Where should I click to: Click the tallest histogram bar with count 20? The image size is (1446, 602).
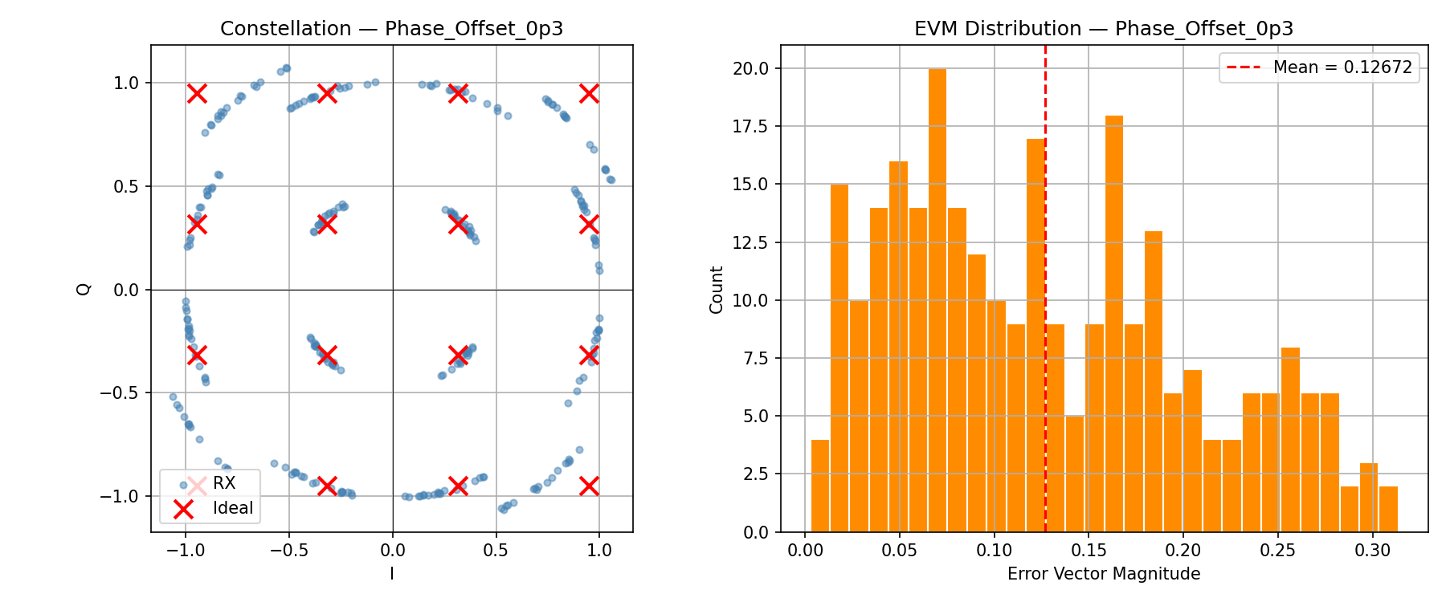[x=937, y=301]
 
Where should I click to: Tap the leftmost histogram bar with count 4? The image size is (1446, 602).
[x=819, y=486]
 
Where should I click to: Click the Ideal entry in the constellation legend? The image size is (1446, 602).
[x=232, y=508]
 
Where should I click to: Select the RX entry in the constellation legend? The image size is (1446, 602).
[x=224, y=483]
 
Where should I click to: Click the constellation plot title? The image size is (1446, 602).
[x=391, y=29]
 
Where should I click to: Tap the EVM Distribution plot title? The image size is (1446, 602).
[x=1103, y=29]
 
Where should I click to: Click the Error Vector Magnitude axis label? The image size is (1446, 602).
[x=1103, y=574]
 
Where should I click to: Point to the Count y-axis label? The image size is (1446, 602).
[x=717, y=289]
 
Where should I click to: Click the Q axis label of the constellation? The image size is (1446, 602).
[x=84, y=289]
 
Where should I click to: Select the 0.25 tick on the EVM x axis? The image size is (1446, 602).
[x=1277, y=551]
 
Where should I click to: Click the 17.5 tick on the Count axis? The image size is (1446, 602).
[x=750, y=126]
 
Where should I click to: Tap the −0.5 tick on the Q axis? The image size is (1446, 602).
[x=119, y=393]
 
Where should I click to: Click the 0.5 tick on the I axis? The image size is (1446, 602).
[x=496, y=551]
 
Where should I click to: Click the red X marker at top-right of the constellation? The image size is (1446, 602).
[x=589, y=94]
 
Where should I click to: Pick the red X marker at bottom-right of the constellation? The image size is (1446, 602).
[x=589, y=486]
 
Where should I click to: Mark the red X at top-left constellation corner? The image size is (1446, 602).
[x=197, y=94]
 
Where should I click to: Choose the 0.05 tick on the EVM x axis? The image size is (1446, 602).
[x=899, y=551]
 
